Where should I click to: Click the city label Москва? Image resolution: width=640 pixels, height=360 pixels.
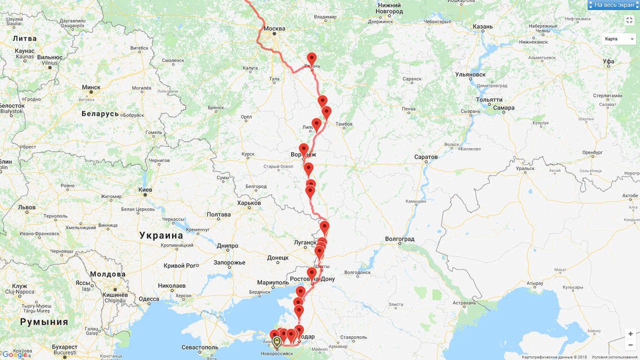coord(274,28)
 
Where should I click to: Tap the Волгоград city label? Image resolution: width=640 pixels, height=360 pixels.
coord(400,239)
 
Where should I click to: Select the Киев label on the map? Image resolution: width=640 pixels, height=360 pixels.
coord(145,190)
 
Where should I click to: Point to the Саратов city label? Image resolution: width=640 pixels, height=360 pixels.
coord(426,157)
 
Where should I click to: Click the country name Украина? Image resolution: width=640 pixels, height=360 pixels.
coord(161,235)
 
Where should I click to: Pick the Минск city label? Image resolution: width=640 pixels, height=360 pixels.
coord(91,87)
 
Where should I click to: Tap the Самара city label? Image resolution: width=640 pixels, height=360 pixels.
coord(503,108)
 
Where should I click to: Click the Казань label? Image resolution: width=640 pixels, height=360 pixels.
coord(482,27)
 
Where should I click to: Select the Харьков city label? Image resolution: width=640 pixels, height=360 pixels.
coord(249,203)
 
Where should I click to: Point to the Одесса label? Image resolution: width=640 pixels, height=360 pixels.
coord(149,299)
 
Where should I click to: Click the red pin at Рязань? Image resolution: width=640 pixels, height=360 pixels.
coord(311,59)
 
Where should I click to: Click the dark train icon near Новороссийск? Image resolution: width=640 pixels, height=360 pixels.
coord(277,341)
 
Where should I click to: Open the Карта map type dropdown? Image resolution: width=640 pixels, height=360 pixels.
coord(618,39)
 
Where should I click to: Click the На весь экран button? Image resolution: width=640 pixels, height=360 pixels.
coord(613,5)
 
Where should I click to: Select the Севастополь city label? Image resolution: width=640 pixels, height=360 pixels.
coord(199,347)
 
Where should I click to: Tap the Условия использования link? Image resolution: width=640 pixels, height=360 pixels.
coord(614,357)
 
